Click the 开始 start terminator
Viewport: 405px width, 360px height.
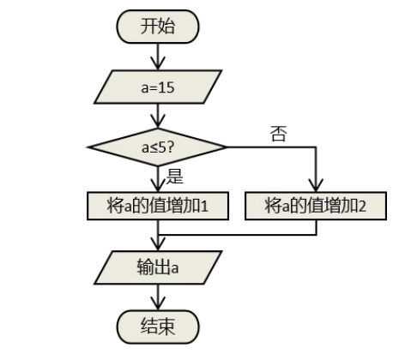tap(158, 27)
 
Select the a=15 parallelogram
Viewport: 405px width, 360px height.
tap(158, 87)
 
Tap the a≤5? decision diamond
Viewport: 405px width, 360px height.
tap(157, 147)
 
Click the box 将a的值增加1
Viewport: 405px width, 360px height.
tap(158, 206)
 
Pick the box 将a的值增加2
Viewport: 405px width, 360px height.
tap(316, 206)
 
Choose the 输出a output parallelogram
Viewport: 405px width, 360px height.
tap(158, 267)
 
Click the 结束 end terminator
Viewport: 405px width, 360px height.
tap(158, 327)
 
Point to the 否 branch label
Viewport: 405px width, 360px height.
tap(278, 134)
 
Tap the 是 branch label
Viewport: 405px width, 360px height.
tap(174, 176)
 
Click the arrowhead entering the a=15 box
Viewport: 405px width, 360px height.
tap(158, 63)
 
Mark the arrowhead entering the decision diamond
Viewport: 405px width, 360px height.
tap(158, 122)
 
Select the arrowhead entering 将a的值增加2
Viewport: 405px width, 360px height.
tap(316, 185)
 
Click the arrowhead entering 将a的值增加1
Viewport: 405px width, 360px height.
tap(158, 185)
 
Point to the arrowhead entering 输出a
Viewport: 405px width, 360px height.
tap(158, 244)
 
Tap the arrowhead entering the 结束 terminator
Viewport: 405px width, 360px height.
tap(158, 303)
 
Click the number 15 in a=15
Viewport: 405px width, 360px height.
tap(166, 87)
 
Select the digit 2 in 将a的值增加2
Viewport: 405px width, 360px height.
tap(362, 207)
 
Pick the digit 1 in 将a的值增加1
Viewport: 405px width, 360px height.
tap(204, 207)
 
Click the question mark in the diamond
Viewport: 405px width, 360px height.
tap(170, 147)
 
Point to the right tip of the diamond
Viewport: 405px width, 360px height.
tap(227, 147)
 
